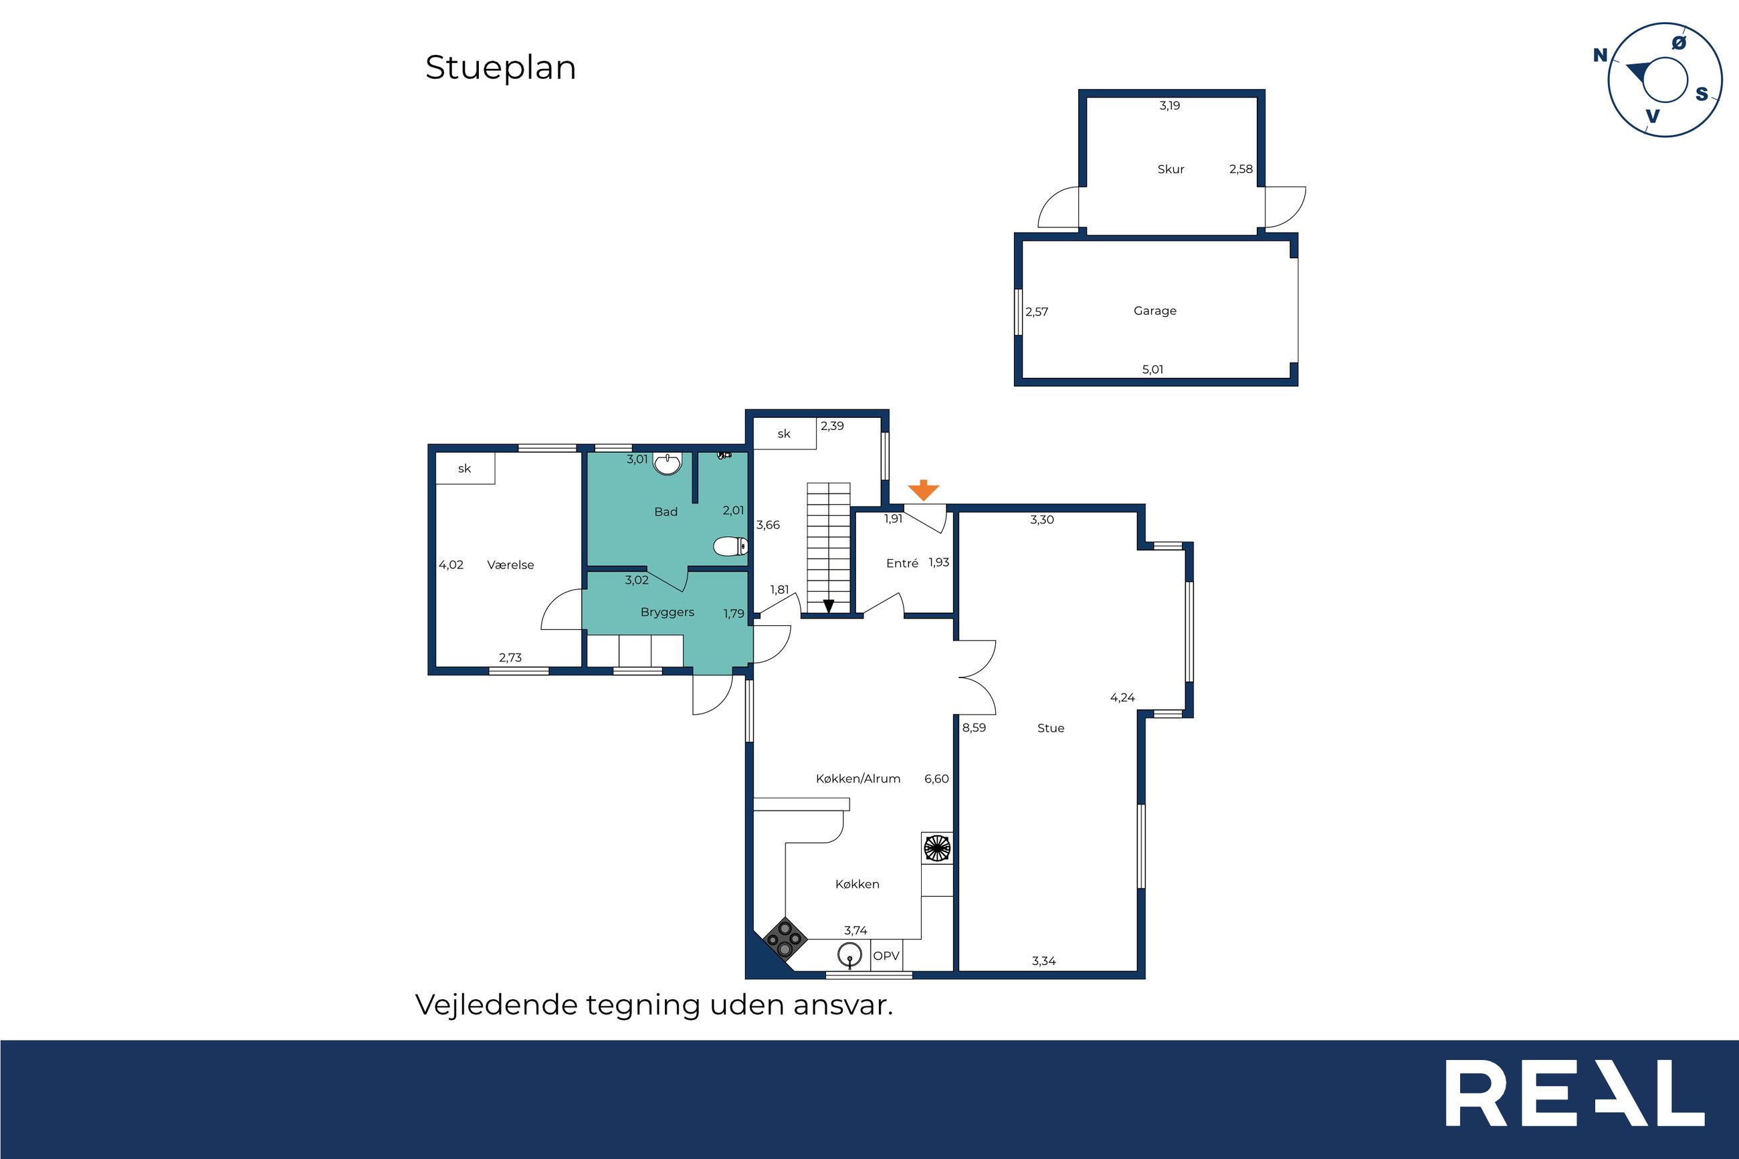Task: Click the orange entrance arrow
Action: [923, 490]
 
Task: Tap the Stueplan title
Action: [500, 68]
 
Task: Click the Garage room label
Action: [1155, 311]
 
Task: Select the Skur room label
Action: [1170, 169]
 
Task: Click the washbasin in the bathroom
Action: [668, 463]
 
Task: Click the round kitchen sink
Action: [851, 955]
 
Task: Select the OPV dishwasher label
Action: [886, 956]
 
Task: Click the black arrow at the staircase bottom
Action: [829, 606]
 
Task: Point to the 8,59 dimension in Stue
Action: [974, 728]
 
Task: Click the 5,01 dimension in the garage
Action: [1153, 370]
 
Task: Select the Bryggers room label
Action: [668, 613]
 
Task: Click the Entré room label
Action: [902, 563]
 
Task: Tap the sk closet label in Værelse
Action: [464, 469]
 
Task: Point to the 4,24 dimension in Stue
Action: [1122, 698]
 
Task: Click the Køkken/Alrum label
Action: [858, 778]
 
